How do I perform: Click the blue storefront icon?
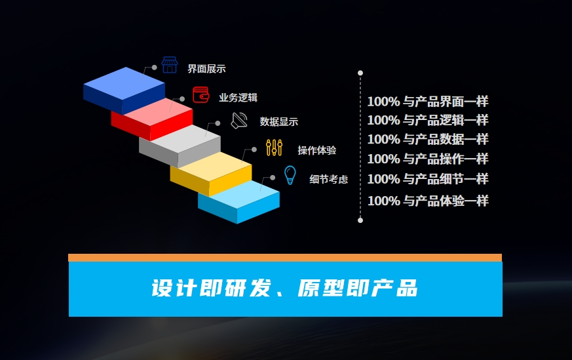[170, 65]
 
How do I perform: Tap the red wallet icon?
[200, 94]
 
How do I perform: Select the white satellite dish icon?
[239, 121]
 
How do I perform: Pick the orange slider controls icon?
[274, 148]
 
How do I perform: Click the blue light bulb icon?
[290, 175]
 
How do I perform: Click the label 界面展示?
[206, 69]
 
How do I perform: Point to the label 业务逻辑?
[238, 98]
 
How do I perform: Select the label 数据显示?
[279, 121]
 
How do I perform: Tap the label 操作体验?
[317, 150]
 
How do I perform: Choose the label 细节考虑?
[329, 179]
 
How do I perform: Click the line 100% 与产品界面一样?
[427, 102]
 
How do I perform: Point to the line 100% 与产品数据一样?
[427, 139]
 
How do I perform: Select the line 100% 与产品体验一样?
[427, 201]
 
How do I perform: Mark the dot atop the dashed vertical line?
[360, 73]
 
